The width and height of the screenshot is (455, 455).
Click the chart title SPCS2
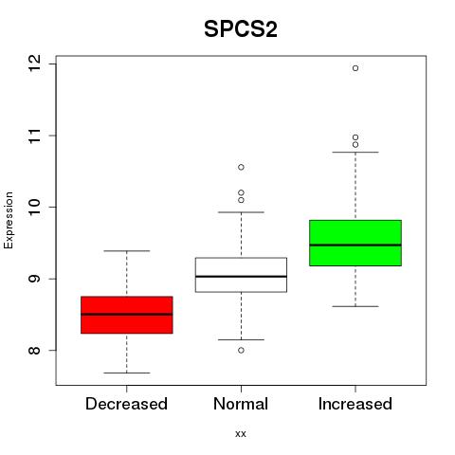coord(241,29)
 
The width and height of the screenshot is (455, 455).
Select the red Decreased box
coord(127,315)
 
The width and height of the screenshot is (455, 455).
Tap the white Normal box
coord(241,275)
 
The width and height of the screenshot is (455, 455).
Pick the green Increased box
coord(355,243)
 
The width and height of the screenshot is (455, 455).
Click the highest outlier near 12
coord(355,68)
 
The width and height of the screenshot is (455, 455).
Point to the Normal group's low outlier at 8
coord(241,350)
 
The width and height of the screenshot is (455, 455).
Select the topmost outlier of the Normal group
coord(241,167)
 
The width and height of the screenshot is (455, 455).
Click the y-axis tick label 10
coord(35,207)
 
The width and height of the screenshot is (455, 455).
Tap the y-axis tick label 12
coord(35,64)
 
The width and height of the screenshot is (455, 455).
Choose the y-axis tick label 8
coord(35,350)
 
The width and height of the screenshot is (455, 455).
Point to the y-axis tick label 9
coord(35,279)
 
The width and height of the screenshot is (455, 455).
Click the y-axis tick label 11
coord(35,136)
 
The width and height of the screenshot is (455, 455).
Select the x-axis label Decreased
coord(126,404)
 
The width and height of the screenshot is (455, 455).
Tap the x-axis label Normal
coord(241,404)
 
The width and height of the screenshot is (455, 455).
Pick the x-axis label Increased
coord(355,404)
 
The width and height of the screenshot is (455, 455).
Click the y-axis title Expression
coord(9,220)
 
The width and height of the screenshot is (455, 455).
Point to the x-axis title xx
coord(241,434)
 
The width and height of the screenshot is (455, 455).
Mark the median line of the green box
coord(355,245)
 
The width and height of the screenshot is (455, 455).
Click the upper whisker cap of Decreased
coord(127,251)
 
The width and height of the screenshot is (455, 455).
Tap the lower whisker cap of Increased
coord(355,306)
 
